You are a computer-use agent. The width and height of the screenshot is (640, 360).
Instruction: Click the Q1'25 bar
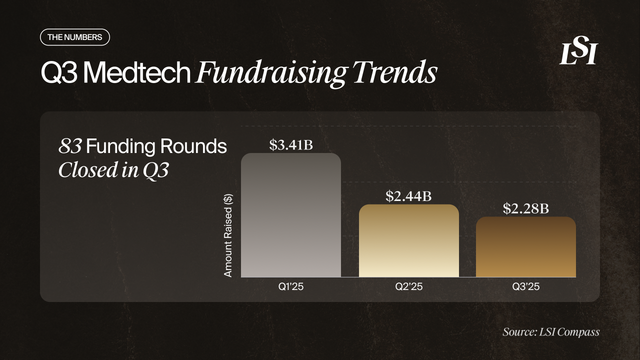[x=291, y=215]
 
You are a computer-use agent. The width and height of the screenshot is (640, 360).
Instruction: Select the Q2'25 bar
[x=409, y=240]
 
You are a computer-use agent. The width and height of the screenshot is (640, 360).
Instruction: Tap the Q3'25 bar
[x=525, y=247]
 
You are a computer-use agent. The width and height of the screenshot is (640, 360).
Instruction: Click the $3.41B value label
[x=291, y=145]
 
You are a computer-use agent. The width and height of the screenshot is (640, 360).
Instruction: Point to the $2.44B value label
[x=408, y=196]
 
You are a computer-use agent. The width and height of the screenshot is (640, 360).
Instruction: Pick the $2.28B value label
[x=525, y=208]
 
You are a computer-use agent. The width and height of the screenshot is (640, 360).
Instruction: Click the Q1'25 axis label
[x=291, y=287]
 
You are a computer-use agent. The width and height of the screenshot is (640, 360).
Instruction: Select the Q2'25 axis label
[x=409, y=287]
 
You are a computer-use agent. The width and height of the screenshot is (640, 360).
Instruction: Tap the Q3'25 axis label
[x=525, y=287]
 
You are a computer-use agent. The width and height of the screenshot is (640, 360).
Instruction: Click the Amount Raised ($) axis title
[x=228, y=235]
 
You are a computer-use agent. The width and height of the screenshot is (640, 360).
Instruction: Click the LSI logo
[x=578, y=53]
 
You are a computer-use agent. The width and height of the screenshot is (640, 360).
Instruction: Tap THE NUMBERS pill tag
[x=74, y=37]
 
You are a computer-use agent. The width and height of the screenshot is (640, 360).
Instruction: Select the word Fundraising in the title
[x=270, y=73]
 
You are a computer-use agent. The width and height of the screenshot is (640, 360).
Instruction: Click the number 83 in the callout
[x=70, y=146]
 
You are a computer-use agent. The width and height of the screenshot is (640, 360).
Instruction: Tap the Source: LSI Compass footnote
[x=551, y=332]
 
